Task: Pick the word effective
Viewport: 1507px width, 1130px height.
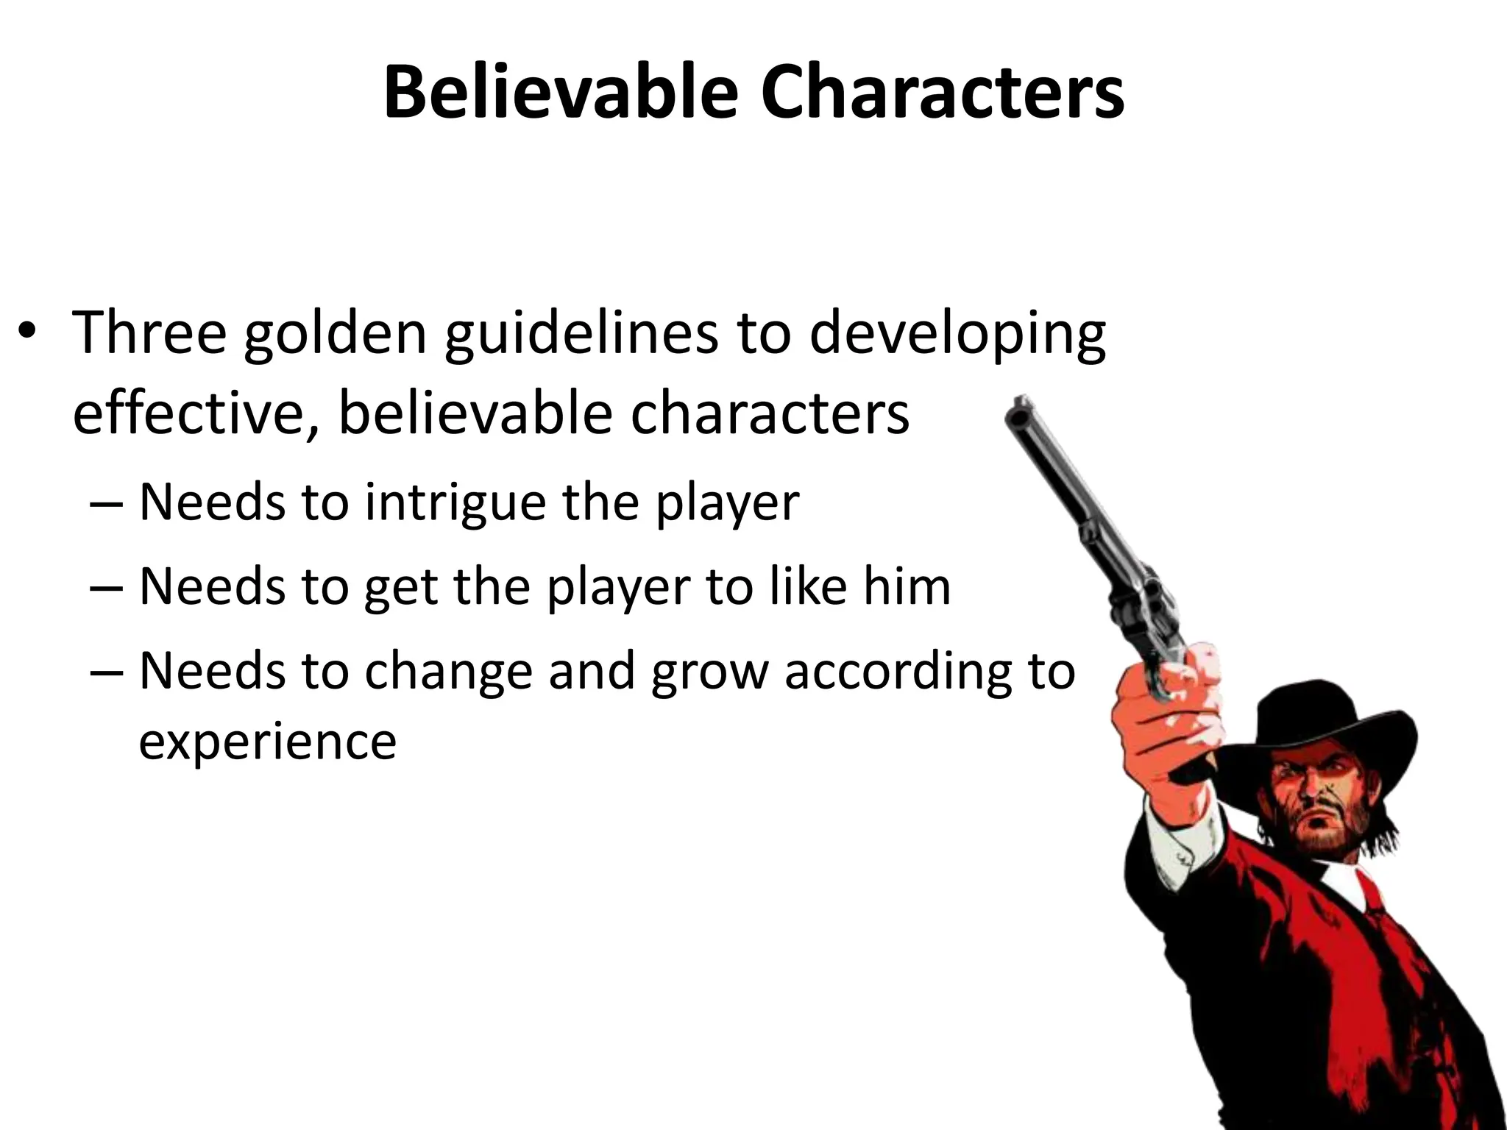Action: coord(196,413)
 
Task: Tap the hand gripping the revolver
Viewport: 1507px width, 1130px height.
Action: coord(1163,706)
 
